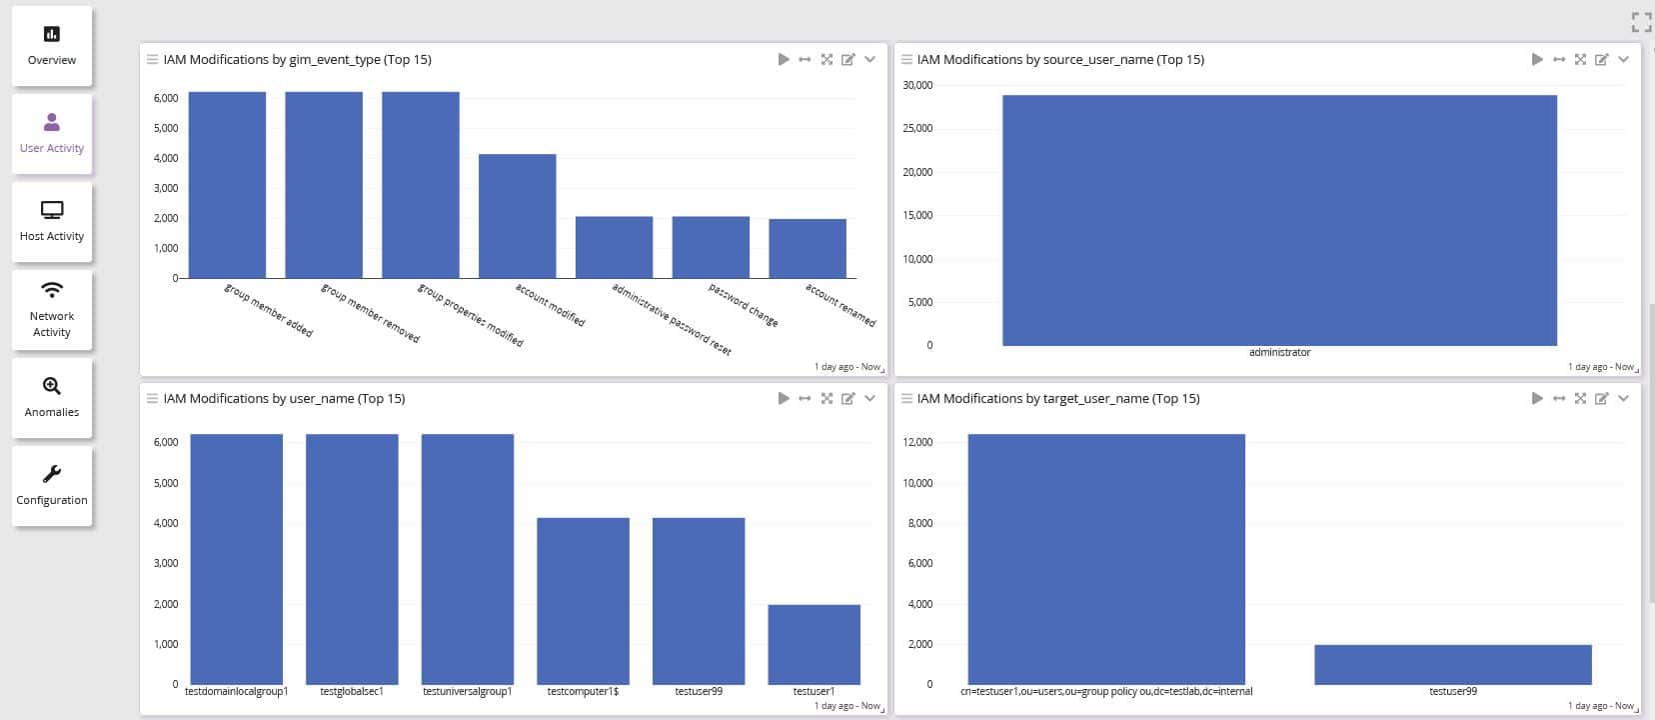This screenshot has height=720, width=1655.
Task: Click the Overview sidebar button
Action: coord(52,46)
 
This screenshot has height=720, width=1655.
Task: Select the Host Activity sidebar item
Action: coord(52,222)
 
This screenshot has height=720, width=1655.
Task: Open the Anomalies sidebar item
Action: coord(52,398)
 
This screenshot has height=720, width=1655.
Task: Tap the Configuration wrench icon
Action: coord(52,474)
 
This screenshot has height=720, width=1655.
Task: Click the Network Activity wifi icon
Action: coord(52,290)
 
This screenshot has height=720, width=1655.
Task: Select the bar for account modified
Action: coord(517,216)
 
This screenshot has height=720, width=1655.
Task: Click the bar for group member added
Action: coord(227,185)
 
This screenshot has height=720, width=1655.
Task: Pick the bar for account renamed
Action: coord(807,248)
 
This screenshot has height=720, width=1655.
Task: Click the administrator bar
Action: coord(1279,220)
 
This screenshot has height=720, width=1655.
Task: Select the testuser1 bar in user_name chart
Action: coord(814,644)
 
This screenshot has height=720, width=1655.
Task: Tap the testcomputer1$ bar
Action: coord(583,600)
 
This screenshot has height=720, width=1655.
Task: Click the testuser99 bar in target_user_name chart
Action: coord(1452,665)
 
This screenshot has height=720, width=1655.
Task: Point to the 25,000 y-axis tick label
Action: coord(917,128)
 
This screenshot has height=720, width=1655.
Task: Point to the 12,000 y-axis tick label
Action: coord(917,442)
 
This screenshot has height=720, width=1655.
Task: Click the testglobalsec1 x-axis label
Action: coord(352,691)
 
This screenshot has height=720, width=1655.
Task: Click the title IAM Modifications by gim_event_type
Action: coord(297,60)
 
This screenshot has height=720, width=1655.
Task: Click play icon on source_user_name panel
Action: coord(1537,60)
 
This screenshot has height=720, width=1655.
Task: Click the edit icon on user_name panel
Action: coord(847,399)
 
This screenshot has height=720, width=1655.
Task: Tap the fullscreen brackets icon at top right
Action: coord(1640,22)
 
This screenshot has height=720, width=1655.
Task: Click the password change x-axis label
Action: coord(743,305)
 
